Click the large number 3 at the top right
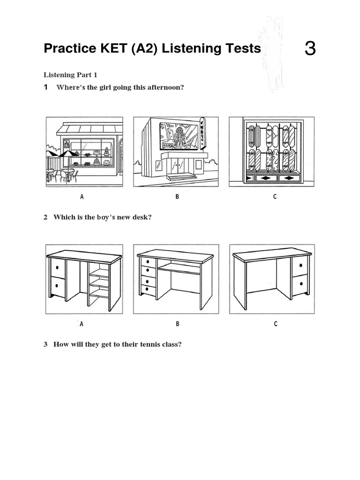pos(310,49)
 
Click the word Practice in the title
pos(68,49)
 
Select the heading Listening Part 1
pos(70,75)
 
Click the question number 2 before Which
pos(46,217)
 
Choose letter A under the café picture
pos(82,197)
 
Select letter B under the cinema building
pos(177,197)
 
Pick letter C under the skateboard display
pos(275,197)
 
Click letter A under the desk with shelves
pos(82,323)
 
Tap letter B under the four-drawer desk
pos(178,323)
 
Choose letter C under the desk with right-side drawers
pos(276,323)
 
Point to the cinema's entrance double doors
pos(178,164)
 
